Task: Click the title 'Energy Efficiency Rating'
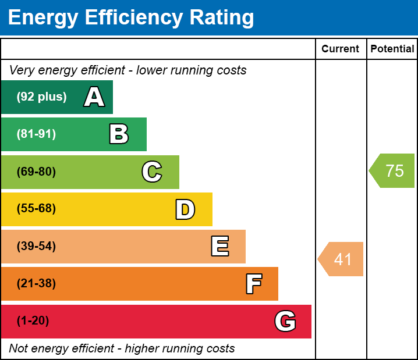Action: tap(131, 17)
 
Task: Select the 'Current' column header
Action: tap(341, 49)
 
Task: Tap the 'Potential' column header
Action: tap(392, 49)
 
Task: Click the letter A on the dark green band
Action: tap(94, 97)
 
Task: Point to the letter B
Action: tap(119, 134)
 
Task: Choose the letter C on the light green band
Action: tap(152, 172)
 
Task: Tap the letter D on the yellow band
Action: tap(185, 209)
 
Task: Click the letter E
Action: tap(219, 247)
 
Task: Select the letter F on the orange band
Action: tap(253, 284)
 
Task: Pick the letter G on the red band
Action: tap(285, 321)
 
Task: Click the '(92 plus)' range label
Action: tap(41, 97)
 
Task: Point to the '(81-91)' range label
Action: tap(36, 134)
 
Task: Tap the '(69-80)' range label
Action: tap(36, 172)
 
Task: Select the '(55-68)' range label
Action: tap(36, 209)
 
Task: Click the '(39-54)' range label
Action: tap(36, 247)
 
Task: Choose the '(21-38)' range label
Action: tap(36, 284)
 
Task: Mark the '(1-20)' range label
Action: tap(33, 321)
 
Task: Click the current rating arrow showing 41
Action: tap(342, 259)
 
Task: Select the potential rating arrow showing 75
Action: tap(393, 171)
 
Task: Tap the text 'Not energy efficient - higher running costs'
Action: tap(122, 349)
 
